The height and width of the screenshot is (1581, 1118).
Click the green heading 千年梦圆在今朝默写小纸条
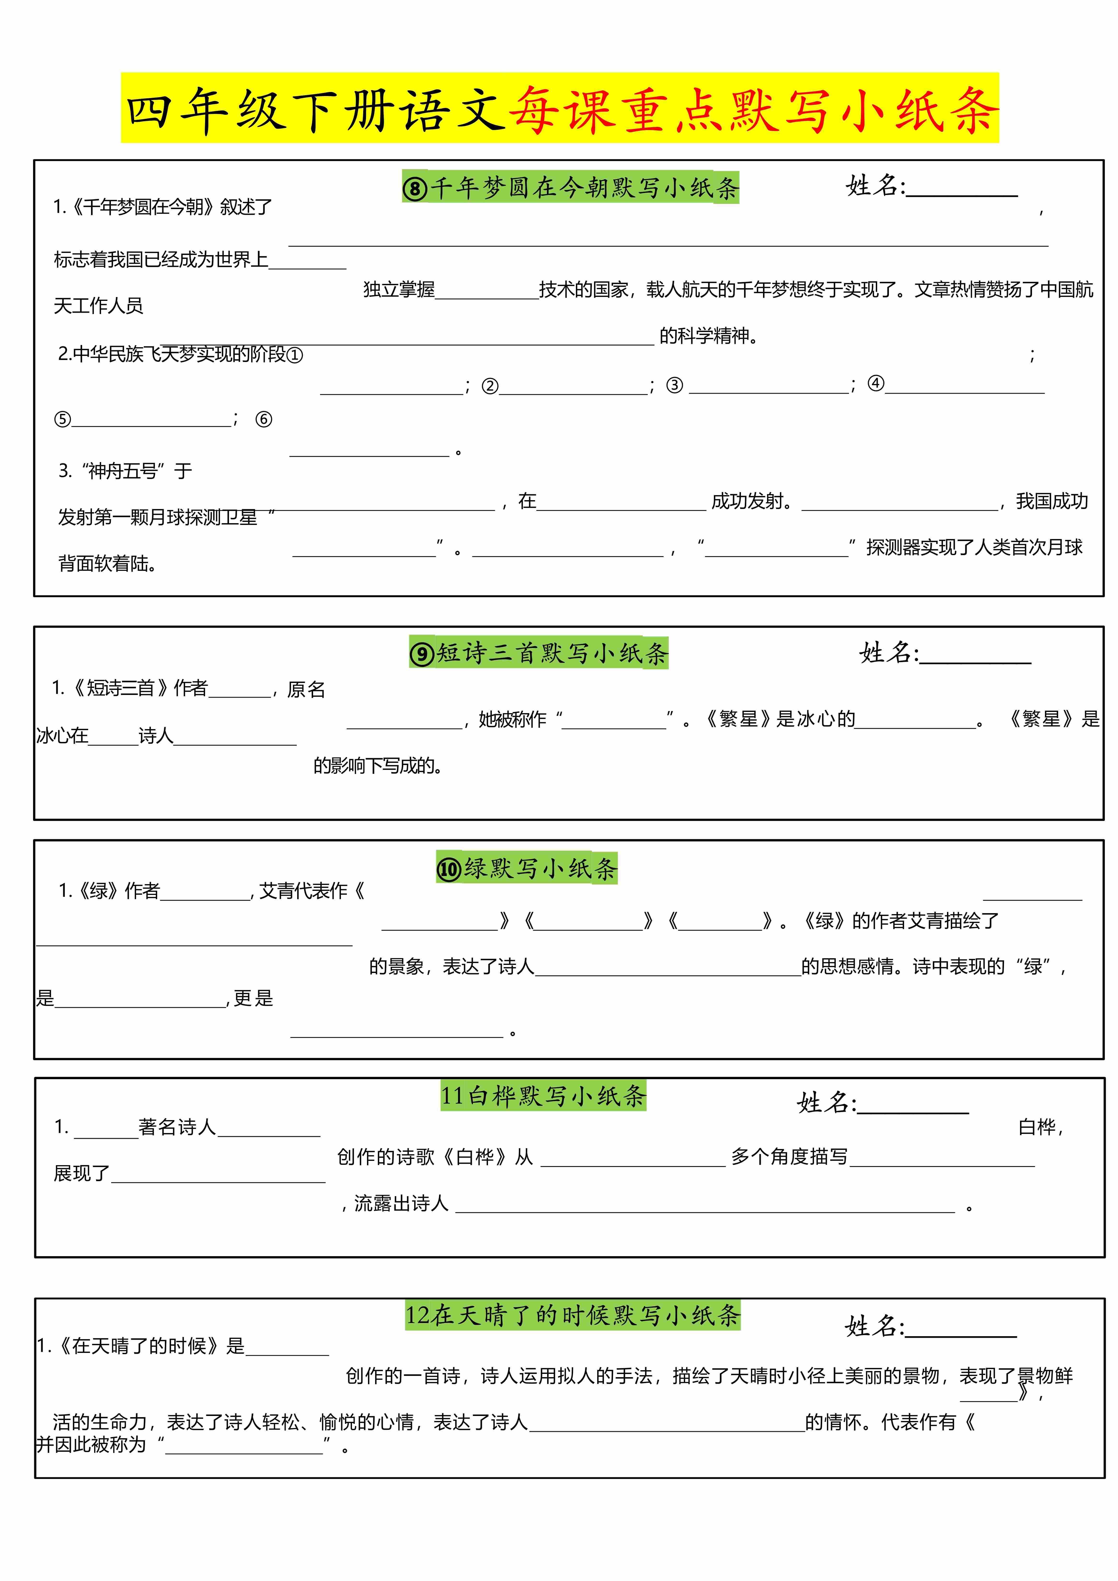tap(570, 187)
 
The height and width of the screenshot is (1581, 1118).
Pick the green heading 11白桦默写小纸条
tap(543, 1095)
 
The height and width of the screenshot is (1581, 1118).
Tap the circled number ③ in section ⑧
tap(675, 386)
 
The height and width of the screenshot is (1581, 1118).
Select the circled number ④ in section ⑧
tap(876, 384)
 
